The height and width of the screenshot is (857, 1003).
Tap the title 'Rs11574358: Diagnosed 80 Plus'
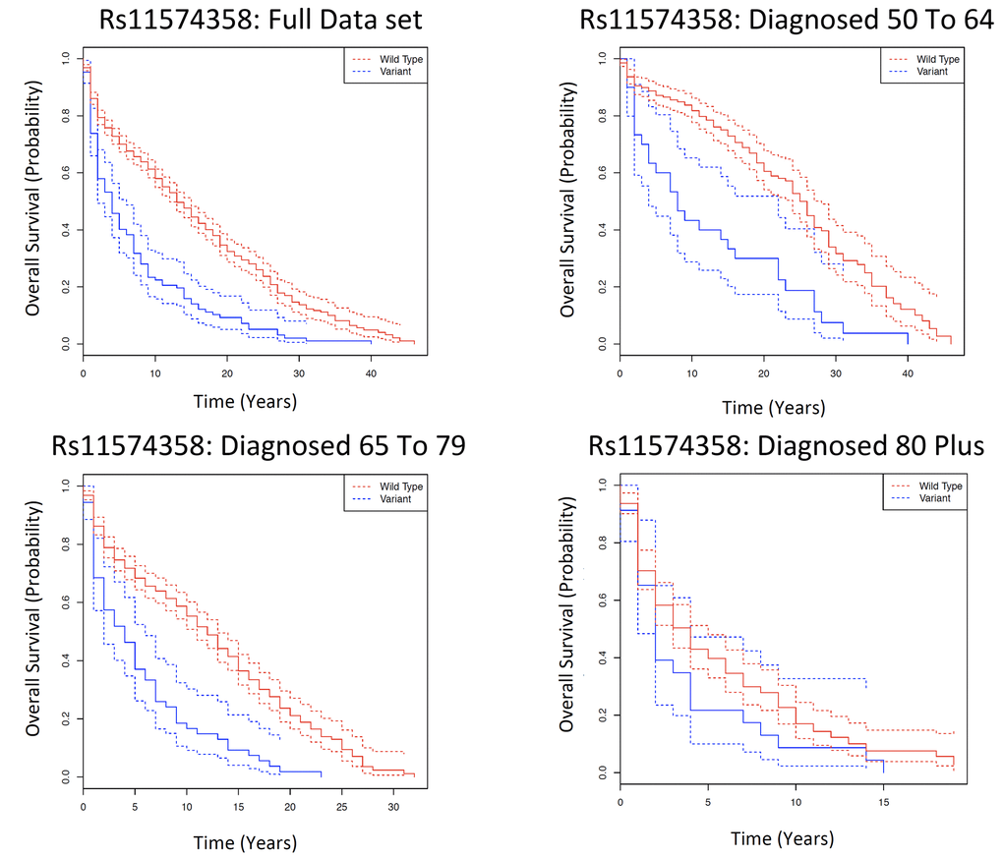pos(786,446)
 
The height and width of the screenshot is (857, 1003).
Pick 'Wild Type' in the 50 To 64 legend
pos(940,59)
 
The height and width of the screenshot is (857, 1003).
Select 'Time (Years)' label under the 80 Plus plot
pos(784,838)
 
